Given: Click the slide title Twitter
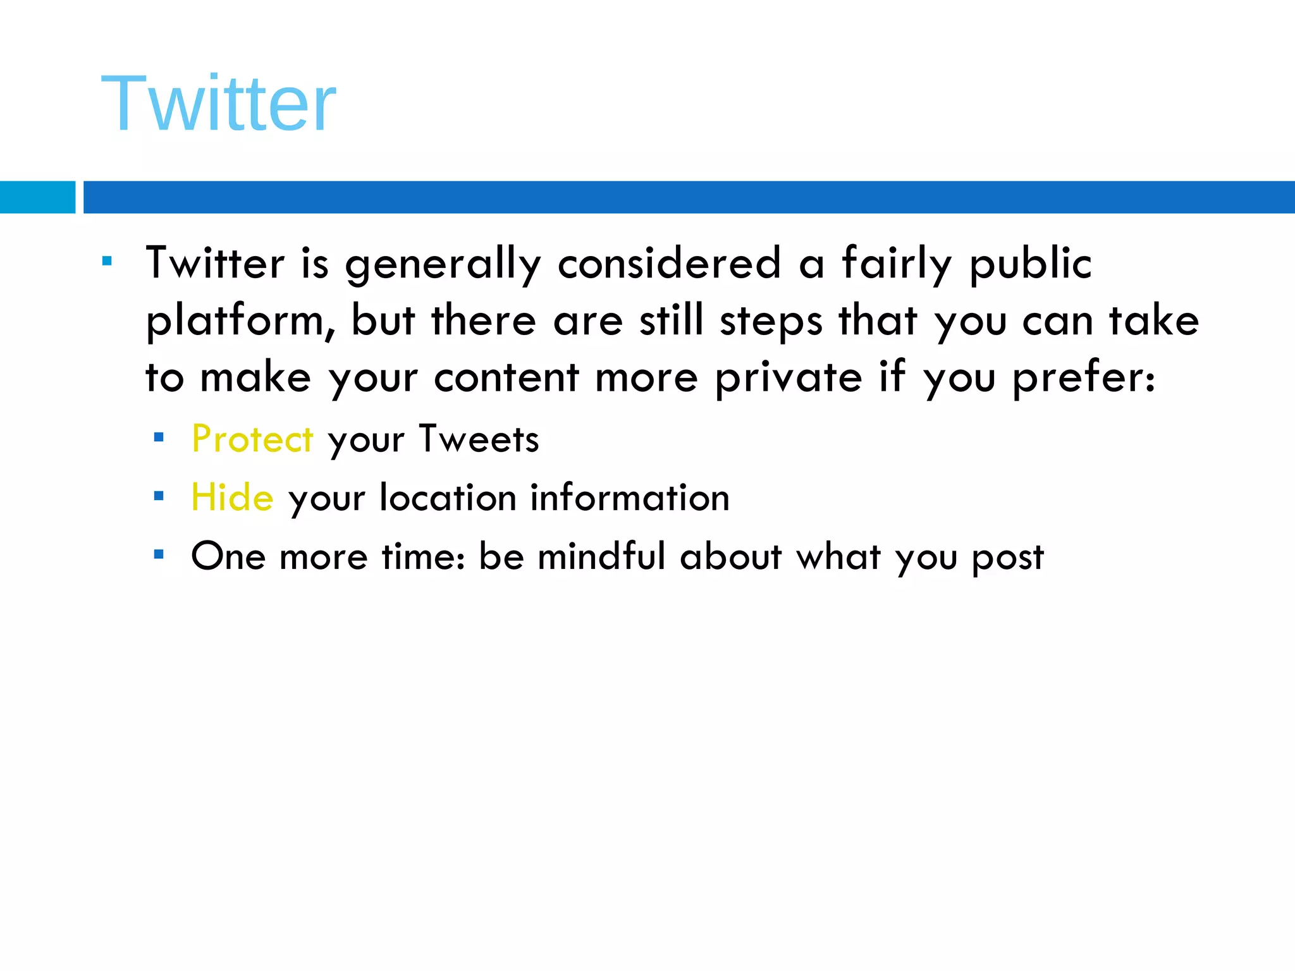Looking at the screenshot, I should click(218, 104).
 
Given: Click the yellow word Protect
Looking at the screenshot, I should click(252, 439).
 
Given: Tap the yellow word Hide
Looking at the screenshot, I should click(232, 498).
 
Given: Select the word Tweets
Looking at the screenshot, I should click(479, 439).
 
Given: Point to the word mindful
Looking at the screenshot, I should click(601, 556).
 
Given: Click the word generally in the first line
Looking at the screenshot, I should click(443, 264).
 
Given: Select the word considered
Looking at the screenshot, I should click(669, 264).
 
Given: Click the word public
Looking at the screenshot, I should click(1030, 264).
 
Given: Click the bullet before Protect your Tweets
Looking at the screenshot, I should click(159, 437).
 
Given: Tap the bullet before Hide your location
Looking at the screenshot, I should click(159, 496).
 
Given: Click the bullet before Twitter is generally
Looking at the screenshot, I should click(107, 260).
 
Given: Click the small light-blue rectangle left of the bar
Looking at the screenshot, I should click(37, 197).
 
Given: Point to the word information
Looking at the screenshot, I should click(630, 498).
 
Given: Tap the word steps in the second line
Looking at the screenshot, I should click(771, 321).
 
